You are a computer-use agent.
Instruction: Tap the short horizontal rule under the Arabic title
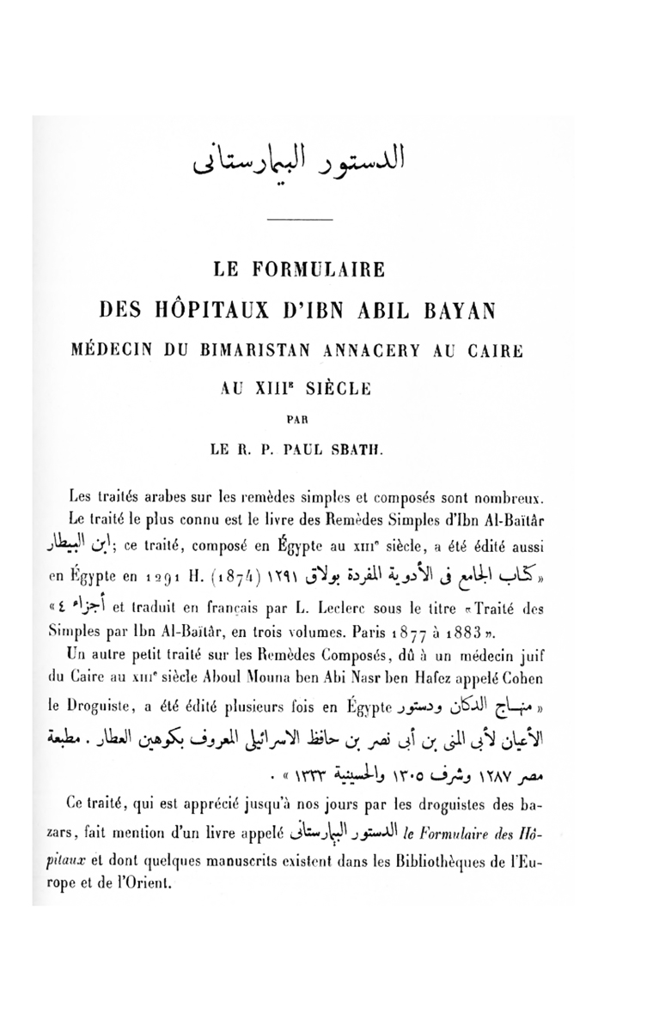[x=293, y=223]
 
